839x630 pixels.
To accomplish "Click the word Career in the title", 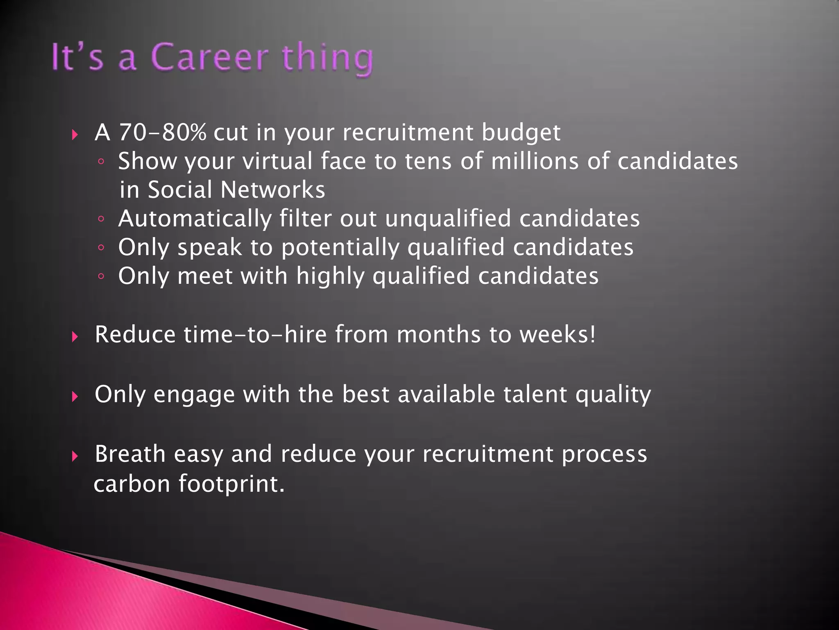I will [209, 57].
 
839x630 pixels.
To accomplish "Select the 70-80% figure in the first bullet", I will [163, 132].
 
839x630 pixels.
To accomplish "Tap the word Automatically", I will [195, 219].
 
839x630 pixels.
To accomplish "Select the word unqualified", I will [448, 219].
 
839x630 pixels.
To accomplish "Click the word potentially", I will [340, 248].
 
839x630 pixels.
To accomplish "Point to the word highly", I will [330, 276].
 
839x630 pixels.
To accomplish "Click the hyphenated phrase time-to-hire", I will [255, 334].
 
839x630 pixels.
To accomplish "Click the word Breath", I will [130, 454].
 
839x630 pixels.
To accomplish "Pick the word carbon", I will [132, 484].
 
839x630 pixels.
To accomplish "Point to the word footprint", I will [231, 484].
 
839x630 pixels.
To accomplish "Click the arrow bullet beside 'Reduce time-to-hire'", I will [75, 337].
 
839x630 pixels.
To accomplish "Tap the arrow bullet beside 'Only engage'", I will [75, 397].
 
